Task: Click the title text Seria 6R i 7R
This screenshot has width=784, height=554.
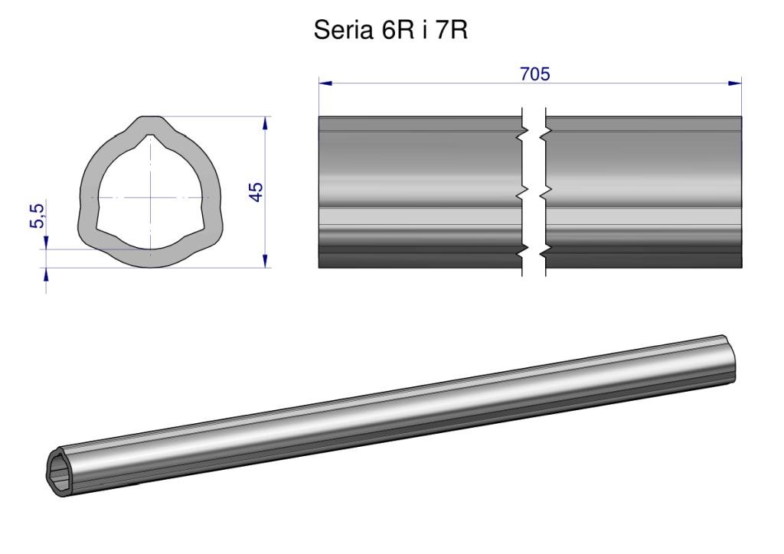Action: tap(390, 31)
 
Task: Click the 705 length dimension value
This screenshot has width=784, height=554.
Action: tap(535, 74)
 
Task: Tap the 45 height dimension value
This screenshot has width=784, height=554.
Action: tap(256, 192)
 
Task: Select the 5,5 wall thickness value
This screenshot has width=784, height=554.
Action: tap(38, 216)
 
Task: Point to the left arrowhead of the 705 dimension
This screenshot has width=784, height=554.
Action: tap(325, 83)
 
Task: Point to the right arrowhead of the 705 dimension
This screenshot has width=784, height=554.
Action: tap(735, 83)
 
